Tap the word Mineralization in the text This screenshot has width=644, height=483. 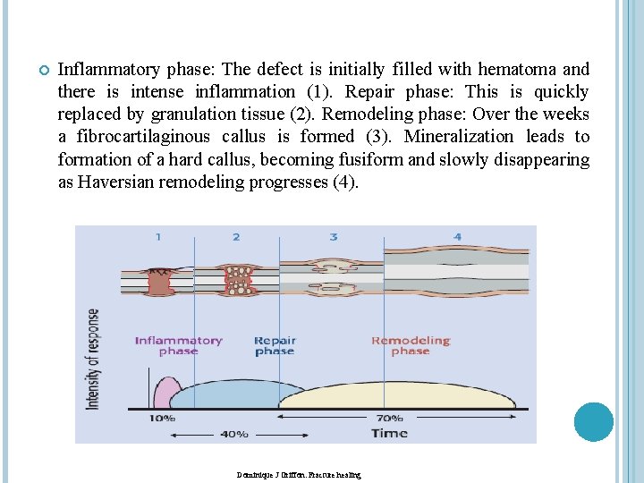tap(459, 136)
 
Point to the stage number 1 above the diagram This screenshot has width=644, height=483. tap(158, 237)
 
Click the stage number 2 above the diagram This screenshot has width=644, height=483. tap(236, 237)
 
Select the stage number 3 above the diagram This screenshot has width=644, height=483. tap(334, 237)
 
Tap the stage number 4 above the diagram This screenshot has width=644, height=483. tap(457, 237)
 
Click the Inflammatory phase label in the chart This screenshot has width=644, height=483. tap(178, 345)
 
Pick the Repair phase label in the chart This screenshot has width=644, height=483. tap(275, 345)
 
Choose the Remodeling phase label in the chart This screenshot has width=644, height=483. tap(411, 345)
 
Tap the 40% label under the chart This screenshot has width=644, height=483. tap(234, 435)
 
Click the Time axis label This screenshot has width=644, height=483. tap(389, 434)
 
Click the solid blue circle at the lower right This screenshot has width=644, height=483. tap(593, 422)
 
